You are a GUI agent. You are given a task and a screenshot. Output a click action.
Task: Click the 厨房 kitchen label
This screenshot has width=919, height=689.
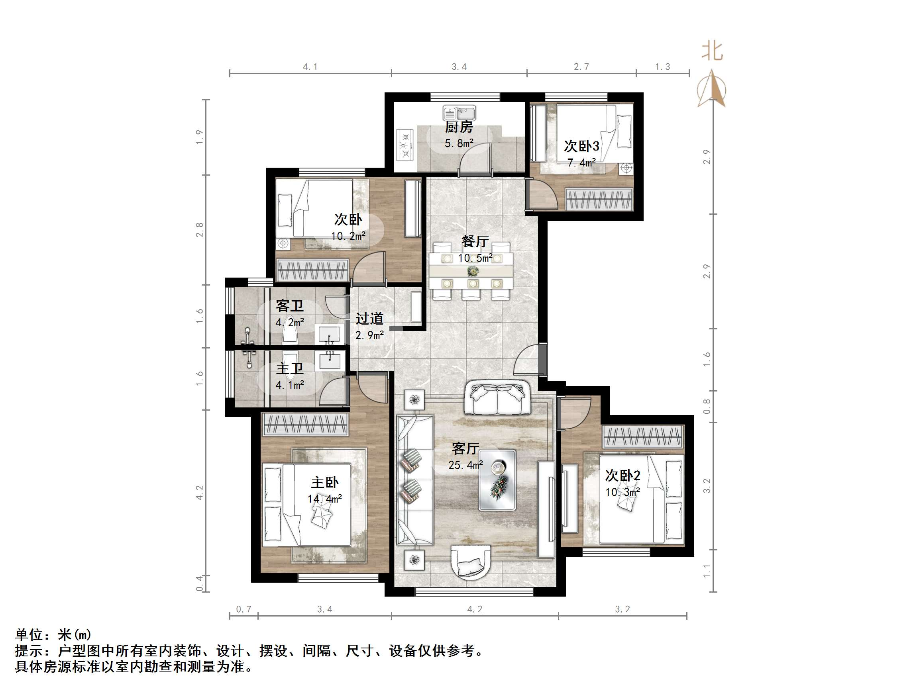459,127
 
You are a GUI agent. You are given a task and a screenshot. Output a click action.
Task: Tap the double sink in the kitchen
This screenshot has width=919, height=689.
459,113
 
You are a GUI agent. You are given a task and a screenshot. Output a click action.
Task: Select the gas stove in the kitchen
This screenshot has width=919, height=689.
405,145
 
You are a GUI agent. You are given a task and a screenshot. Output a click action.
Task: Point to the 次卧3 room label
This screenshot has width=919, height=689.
581,146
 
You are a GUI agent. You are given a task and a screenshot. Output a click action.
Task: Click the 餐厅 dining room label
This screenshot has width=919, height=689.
475,241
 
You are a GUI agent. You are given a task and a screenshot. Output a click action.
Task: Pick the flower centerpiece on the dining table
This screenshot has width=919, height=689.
473,271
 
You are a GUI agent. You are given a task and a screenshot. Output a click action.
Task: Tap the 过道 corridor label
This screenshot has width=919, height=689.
369,319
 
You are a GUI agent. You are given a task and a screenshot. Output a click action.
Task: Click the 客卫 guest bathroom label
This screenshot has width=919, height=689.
290,307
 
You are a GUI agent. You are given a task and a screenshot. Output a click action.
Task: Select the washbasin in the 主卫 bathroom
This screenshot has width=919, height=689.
330,360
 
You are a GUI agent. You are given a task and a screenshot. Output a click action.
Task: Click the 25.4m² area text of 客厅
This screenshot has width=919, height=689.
465,465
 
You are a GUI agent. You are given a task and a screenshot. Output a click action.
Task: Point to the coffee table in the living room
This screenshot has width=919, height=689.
497,480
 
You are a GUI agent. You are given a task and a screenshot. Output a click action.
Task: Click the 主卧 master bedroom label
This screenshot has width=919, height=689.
324,482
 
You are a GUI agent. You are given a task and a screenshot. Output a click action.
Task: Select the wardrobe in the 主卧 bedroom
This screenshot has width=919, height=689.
305,425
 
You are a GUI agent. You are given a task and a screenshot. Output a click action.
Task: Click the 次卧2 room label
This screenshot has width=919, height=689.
622,476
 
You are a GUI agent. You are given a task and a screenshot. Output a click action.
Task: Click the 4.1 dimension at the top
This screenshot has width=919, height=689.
310,67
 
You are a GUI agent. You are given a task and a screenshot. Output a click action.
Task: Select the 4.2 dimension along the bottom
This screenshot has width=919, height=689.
475,609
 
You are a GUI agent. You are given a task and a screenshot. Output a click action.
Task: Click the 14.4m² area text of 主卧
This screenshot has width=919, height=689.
324,499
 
